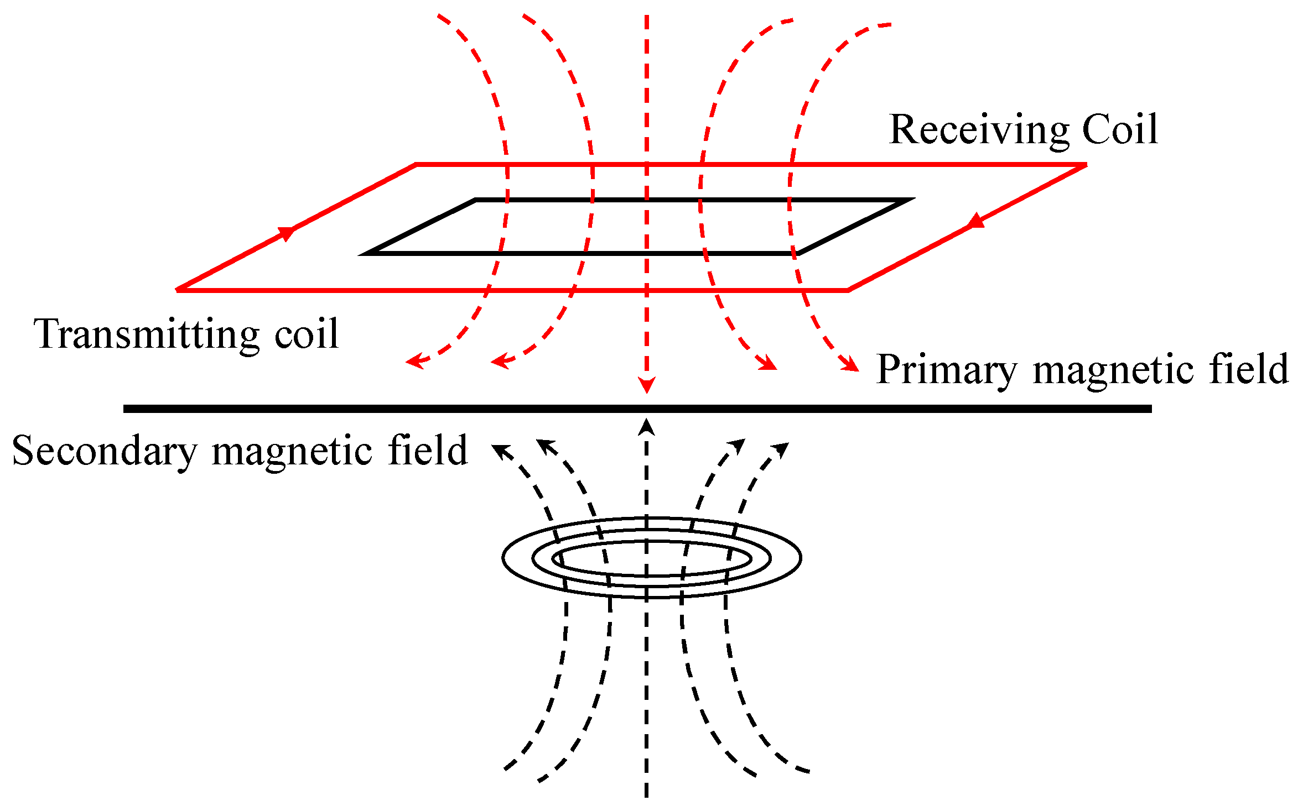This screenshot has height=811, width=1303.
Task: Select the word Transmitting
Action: point(146,334)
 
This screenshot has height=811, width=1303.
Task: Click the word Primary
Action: point(947,370)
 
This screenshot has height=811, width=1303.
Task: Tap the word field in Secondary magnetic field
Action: point(428,450)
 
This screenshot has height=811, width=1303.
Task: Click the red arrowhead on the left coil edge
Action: point(287,233)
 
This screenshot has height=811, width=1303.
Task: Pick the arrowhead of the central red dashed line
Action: point(646,385)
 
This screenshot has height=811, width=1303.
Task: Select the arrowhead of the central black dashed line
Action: point(646,428)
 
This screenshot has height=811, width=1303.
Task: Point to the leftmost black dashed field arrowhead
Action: point(500,451)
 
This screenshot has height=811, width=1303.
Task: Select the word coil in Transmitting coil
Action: point(307,334)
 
